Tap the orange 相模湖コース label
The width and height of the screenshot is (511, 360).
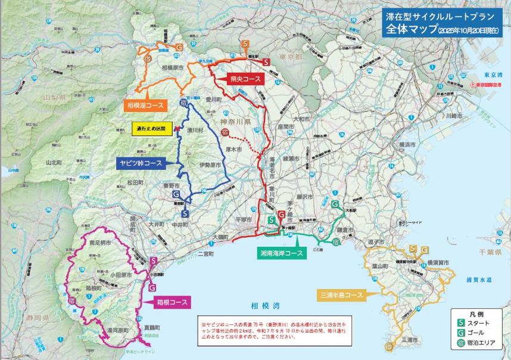click(146, 105)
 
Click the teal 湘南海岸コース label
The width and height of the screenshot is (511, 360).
click(280, 253)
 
